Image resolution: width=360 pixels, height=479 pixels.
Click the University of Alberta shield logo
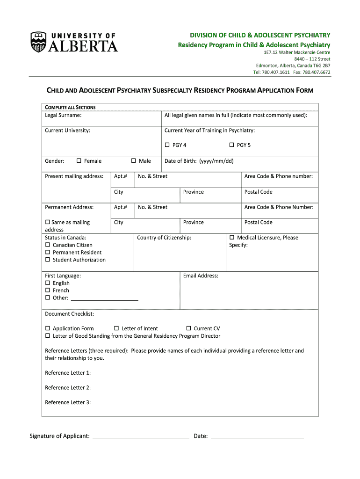[38, 42]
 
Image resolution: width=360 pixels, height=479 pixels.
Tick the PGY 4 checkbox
[167, 145]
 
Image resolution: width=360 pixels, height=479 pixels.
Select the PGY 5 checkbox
[231, 145]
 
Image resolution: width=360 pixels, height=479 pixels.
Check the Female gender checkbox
[79, 161]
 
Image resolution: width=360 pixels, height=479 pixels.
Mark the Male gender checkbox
[133, 161]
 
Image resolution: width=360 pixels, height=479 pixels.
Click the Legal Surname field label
[63, 115]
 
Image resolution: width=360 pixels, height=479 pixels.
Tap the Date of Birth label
[199, 161]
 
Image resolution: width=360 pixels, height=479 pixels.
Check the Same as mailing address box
[47, 222]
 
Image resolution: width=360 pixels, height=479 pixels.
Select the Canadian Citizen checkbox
[47, 245]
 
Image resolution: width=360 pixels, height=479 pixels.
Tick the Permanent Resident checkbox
[47, 252]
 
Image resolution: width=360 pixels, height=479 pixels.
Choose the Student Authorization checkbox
[47, 260]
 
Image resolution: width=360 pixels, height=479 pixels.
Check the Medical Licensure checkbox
[232, 238]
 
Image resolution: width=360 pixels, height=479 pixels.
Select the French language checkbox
[47, 290]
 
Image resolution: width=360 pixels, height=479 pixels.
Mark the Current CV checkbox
[189, 328]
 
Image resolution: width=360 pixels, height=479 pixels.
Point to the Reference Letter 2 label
[68, 387]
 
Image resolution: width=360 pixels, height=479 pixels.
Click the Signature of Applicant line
[141, 437]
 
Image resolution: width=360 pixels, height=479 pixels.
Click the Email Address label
[201, 276]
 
